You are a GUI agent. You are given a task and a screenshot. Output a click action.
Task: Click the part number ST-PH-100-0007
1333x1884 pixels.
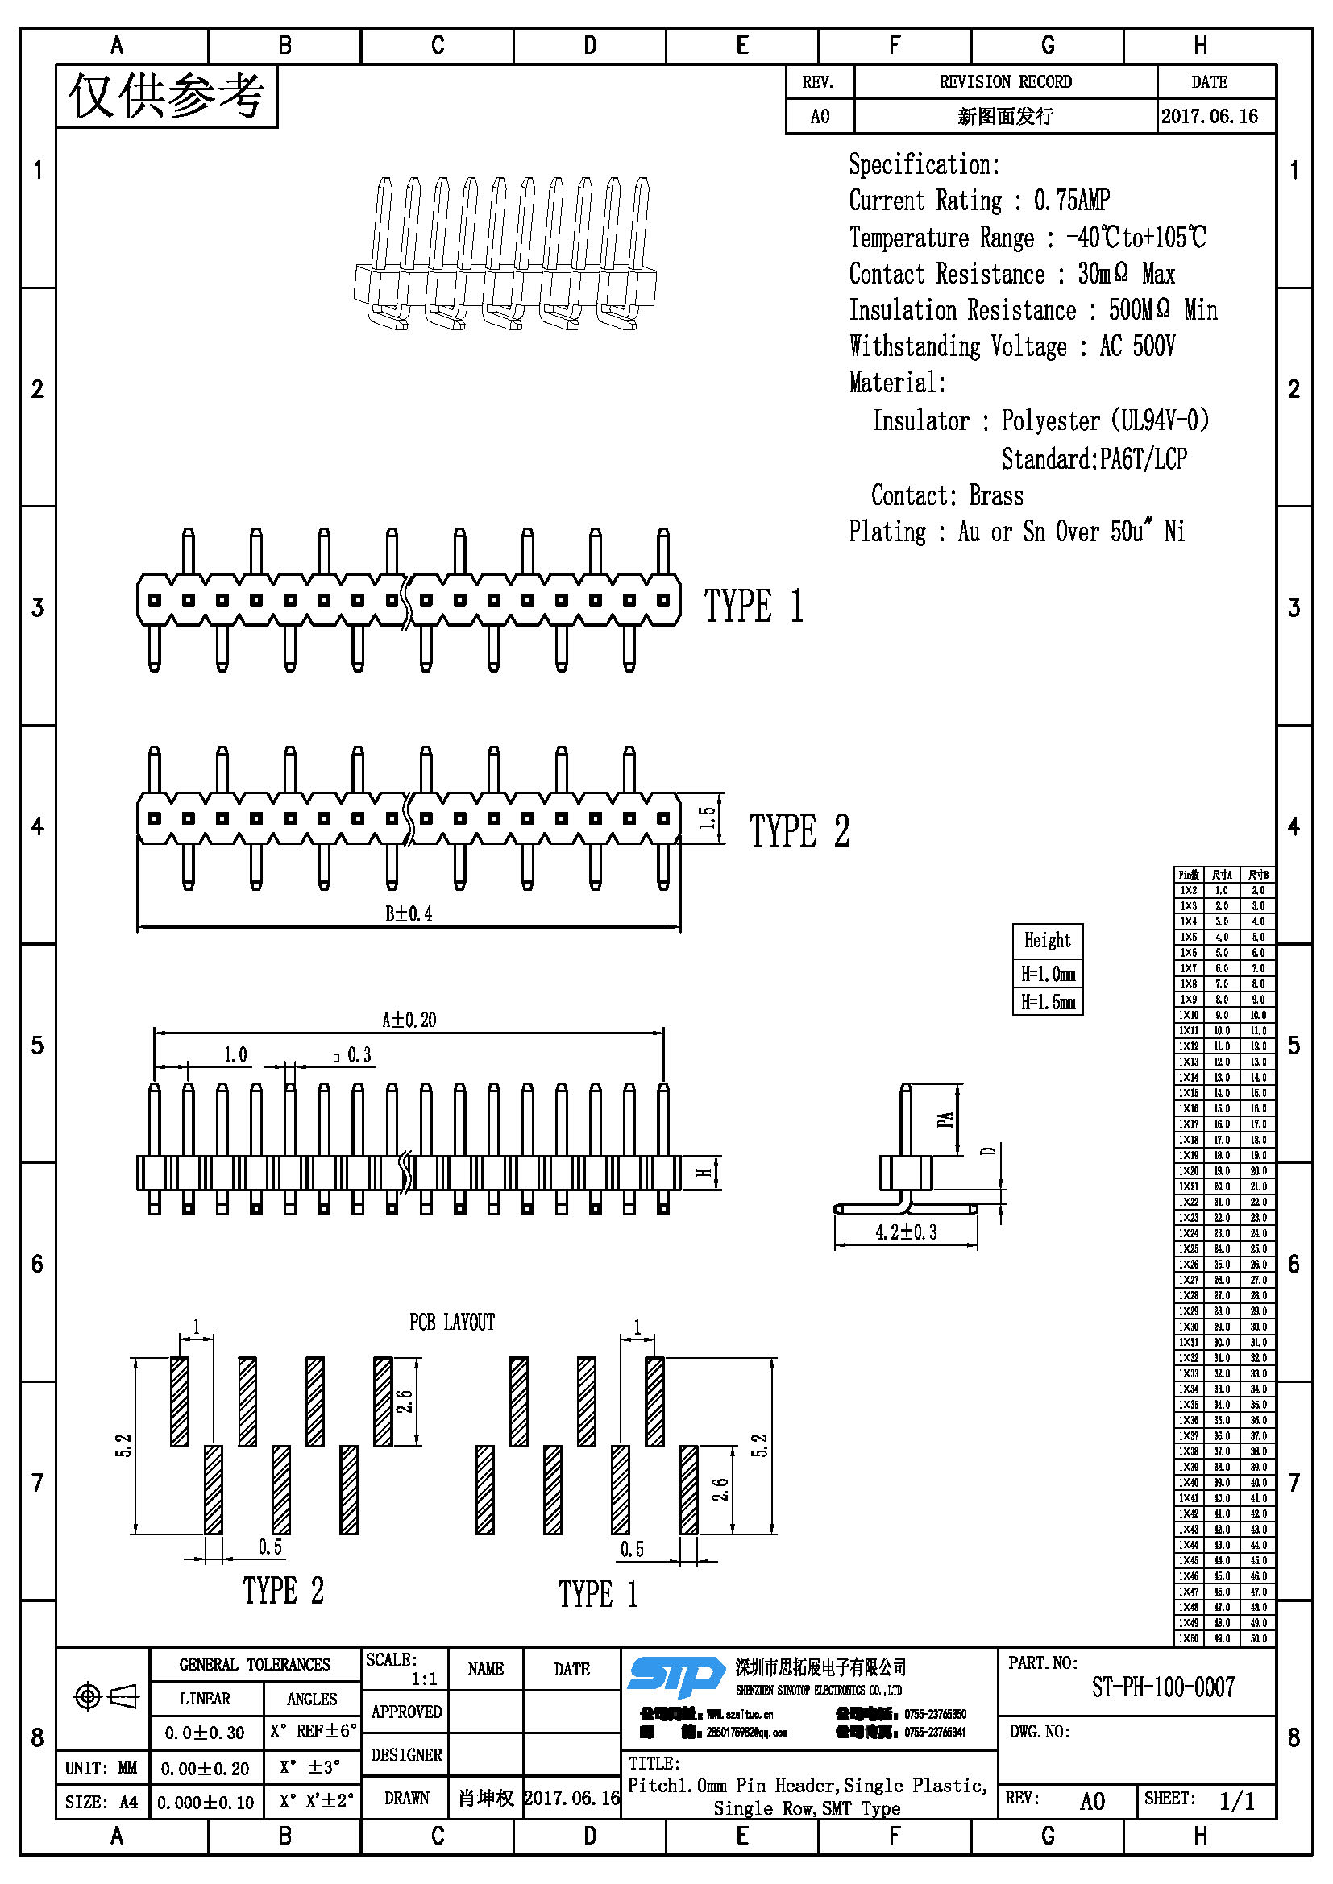click(1162, 1687)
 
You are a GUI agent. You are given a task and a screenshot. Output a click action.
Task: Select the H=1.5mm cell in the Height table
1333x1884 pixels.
click(1048, 1002)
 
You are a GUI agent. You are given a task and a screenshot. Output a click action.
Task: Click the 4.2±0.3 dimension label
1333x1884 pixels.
click(905, 1232)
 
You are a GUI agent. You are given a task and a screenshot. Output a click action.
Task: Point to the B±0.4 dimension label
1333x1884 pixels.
click(409, 914)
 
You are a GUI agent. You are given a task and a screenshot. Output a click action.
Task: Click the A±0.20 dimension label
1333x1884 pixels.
click(409, 1020)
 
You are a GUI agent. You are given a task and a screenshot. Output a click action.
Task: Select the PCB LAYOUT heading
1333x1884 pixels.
click(452, 1322)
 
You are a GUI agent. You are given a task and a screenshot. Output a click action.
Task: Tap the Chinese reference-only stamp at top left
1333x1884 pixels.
click(167, 97)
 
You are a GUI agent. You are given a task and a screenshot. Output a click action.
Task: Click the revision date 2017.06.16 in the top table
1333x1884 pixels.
click(1209, 117)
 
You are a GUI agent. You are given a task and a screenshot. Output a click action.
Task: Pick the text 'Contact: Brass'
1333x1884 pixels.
click(946, 495)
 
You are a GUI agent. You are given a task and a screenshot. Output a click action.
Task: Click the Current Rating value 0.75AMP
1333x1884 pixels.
click(1071, 201)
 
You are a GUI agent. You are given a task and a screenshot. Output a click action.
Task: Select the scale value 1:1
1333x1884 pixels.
click(425, 1679)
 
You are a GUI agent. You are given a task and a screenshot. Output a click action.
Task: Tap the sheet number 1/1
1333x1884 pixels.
click(1236, 1801)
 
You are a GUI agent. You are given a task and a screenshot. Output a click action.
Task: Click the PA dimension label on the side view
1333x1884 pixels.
click(945, 1120)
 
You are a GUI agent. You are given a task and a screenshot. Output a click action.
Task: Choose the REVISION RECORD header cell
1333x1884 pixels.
click(1006, 82)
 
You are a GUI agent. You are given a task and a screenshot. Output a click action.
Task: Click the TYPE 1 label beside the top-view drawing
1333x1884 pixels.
click(754, 607)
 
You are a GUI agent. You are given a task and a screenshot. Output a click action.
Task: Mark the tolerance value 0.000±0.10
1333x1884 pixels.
click(206, 1803)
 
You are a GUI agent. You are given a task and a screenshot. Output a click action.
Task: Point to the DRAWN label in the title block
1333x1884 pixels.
click(406, 1798)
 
